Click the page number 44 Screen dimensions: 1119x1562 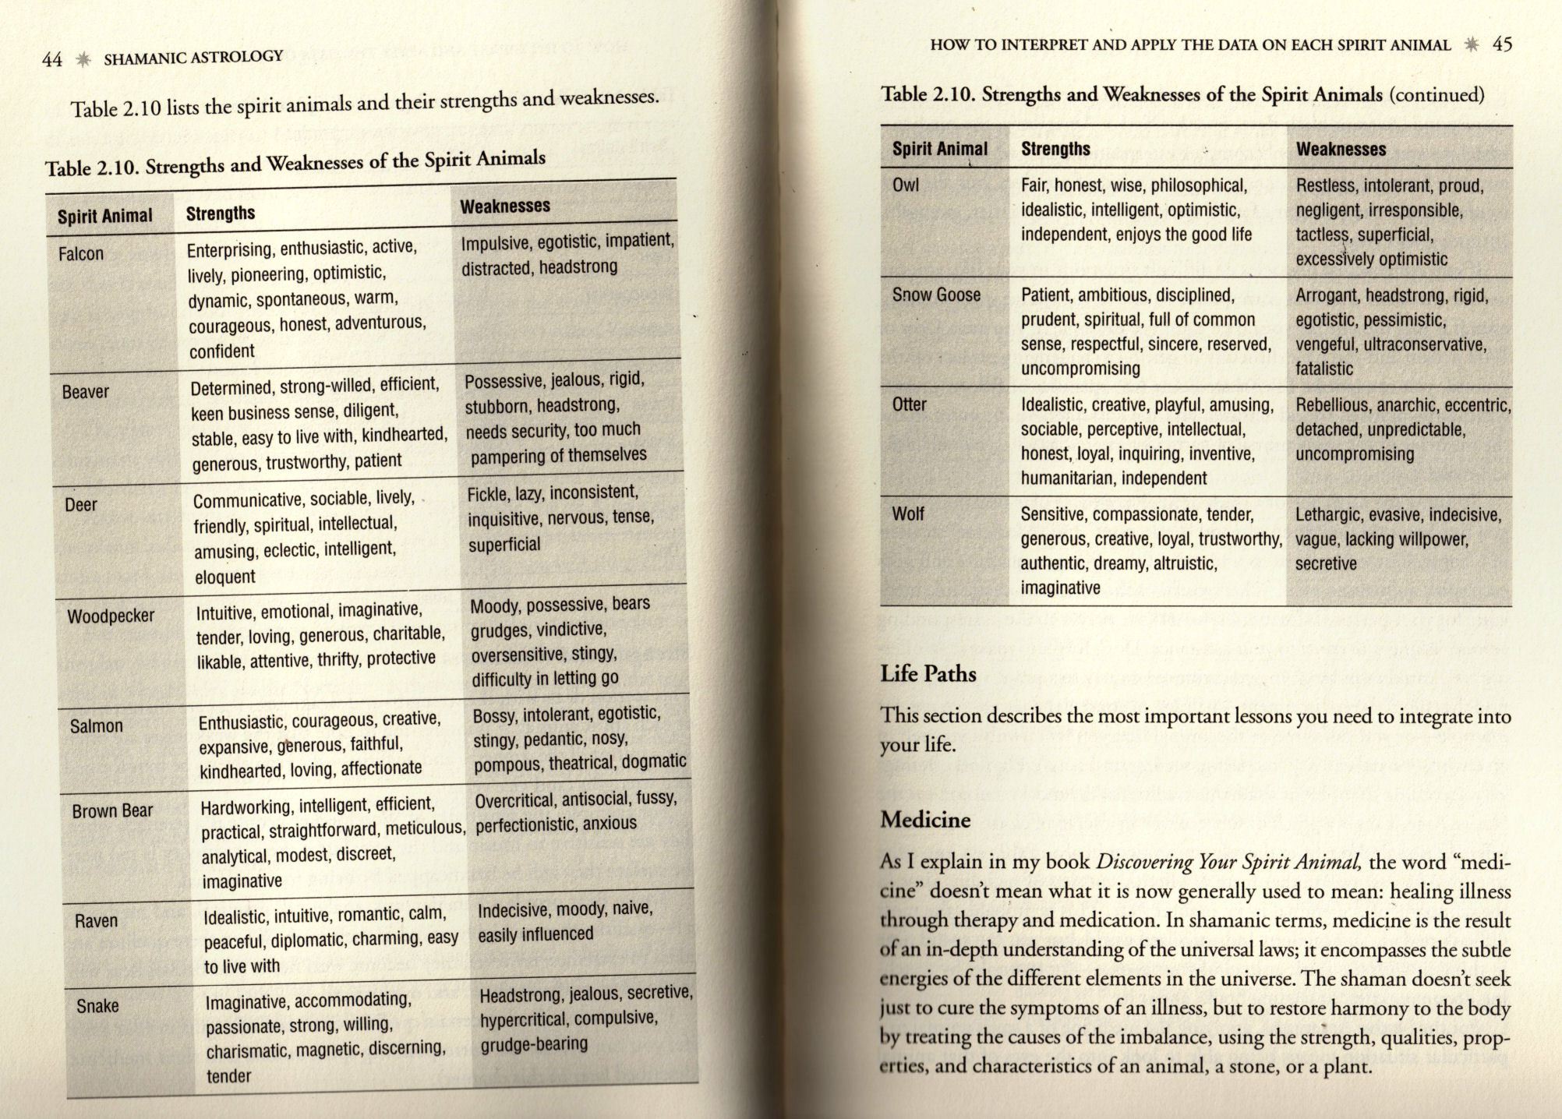pyautogui.click(x=51, y=59)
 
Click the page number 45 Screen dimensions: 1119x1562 pyautogui.click(x=1502, y=44)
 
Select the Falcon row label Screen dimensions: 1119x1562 pyautogui.click(x=81, y=253)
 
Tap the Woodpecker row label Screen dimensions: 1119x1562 pyautogui.click(x=111, y=616)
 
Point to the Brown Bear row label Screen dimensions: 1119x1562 pyautogui.click(x=112, y=811)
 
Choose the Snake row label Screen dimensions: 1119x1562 pyautogui.click(x=97, y=1006)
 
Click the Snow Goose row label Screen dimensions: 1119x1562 pyautogui.click(x=936, y=295)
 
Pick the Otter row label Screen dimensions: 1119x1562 pyautogui.click(x=909, y=404)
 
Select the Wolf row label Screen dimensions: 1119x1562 pyautogui.click(x=908, y=514)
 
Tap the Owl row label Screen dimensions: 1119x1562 pyautogui.click(x=906, y=185)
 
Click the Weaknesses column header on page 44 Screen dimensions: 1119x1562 pyautogui.click(x=505, y=207)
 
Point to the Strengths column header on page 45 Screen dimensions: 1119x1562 pyautogui.click(x=1055, y=149)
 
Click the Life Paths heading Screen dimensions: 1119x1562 pyautogui.click(x=928, y=673)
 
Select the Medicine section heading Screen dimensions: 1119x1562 pyautogui.click(x=925, y=820)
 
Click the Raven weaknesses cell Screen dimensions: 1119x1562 pyautogui.click(x=565, y=922)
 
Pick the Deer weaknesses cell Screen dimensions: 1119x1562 pyautogui.click(x=560, y=518)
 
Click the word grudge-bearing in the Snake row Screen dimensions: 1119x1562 pyautogui.click(x=534, y=1044)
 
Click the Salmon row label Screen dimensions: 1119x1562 pyautogui.click(x=97, y=726)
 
